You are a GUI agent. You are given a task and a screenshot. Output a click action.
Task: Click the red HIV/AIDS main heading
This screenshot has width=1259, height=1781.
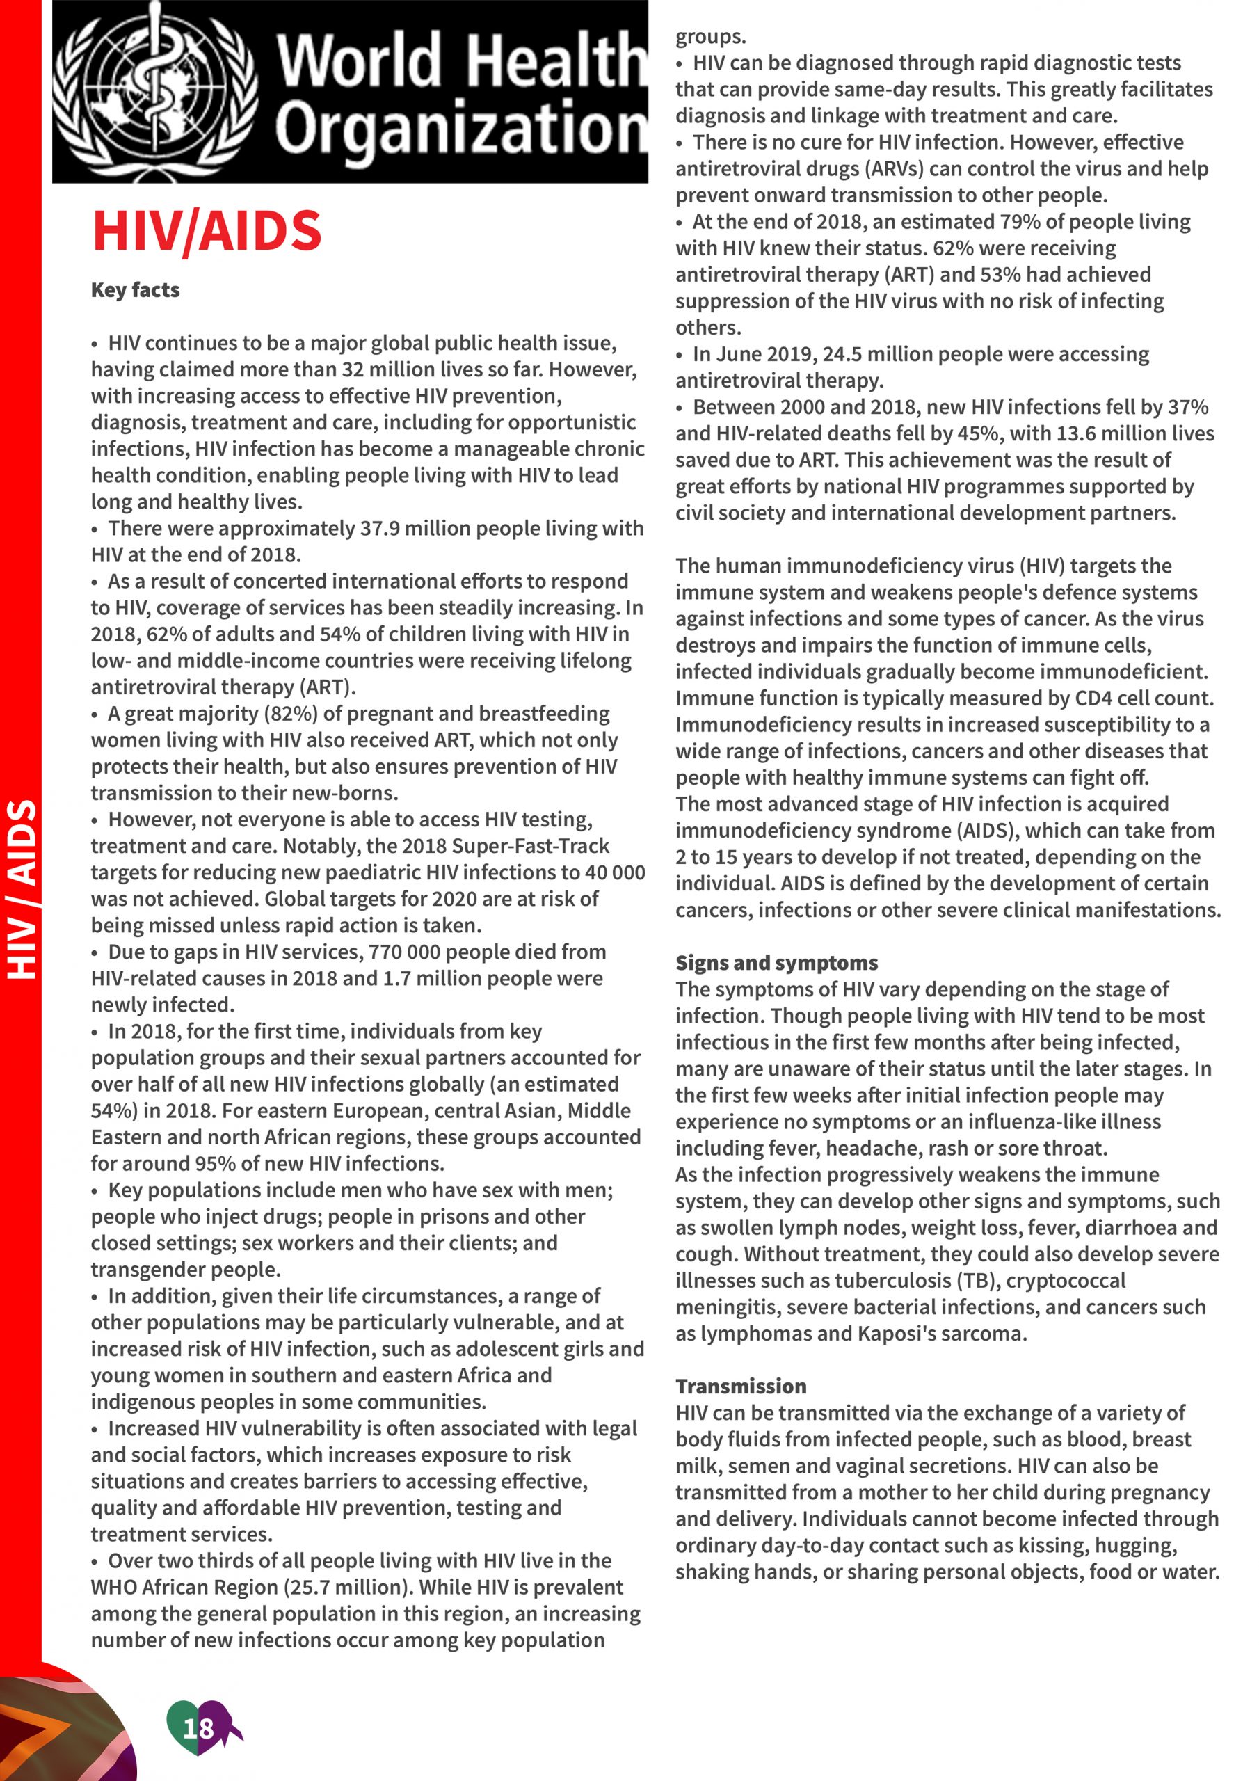pyautogui.click(x=207, y=230)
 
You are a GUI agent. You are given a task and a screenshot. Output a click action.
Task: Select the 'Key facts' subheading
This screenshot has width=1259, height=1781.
pyautogui.click(x=135, y=290)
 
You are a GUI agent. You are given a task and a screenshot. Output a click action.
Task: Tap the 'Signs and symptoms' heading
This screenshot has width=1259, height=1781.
pyautogui.click(x=776, y=963)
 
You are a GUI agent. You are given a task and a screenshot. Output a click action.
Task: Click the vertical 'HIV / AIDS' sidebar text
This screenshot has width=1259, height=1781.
pyautogui.click(x=22, y=889)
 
